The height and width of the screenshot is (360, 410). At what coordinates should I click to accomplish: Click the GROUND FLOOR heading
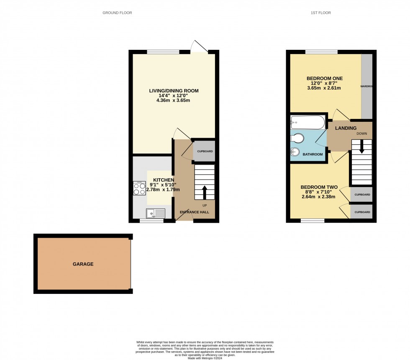(x=117, y=13)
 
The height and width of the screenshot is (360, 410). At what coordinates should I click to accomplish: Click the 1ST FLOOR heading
(x=321, y=13)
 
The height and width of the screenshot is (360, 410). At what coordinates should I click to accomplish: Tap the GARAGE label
(x=83, y=264)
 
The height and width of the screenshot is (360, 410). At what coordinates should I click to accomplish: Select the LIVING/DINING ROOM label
(x=174, y=91)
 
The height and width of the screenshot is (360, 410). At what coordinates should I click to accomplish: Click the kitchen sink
(x=156, y=213)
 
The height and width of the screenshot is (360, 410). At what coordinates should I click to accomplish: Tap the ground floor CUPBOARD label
(x=205, y=152)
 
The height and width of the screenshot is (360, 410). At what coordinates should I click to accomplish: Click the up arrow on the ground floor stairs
(x=205, y=192)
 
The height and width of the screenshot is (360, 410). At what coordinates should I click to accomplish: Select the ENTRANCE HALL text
(x=195, y=212)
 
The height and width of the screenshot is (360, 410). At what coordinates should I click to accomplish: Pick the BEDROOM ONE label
(x=325, y=78)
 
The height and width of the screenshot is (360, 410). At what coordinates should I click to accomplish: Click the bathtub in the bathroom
(x=307, y=123)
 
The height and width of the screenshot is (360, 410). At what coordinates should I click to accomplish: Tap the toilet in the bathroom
(x=298, y=138)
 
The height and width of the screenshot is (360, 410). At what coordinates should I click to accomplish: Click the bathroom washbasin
(x=295, y=153)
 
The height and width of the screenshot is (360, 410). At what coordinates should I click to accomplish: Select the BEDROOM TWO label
(x=318, y=188)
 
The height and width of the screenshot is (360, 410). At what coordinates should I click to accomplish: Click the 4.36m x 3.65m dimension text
(x=174, y=100)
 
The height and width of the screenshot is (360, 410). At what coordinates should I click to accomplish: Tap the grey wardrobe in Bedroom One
(x=366, y=86)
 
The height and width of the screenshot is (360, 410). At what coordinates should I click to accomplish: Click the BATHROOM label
(x=313, y=154)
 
